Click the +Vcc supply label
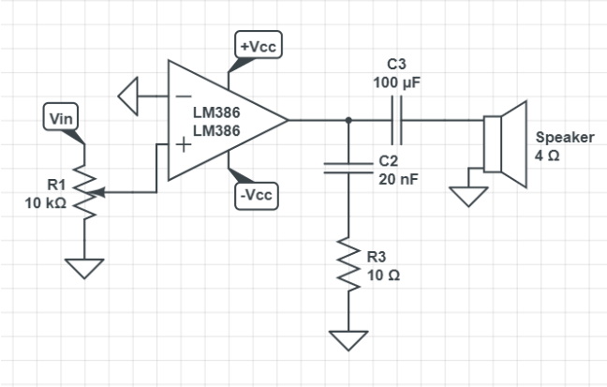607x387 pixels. pos(258,46)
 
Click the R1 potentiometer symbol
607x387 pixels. pos(84,193)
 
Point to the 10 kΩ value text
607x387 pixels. pos(45,202)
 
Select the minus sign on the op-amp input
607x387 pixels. pos(182,96)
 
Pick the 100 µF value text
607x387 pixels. pos(396,83)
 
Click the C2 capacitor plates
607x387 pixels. pos(348,166)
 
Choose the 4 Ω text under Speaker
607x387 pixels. pos(547,154)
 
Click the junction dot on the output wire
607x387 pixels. pos(348,120)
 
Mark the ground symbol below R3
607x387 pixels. pos(348,338)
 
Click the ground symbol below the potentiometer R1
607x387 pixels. pos(84,268)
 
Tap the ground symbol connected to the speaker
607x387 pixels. pos(467,196)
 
